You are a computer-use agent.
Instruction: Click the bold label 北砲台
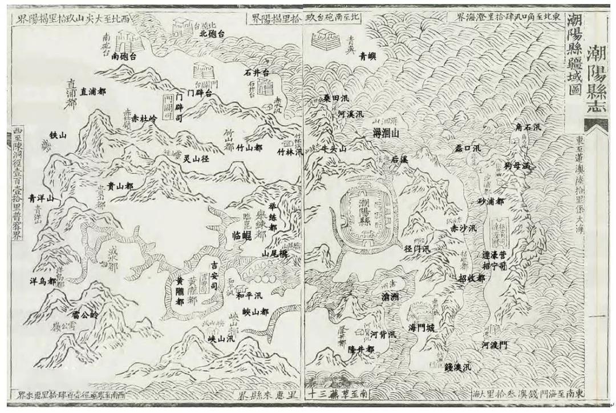coord(212,34)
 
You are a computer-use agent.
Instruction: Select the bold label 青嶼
coord(368,56)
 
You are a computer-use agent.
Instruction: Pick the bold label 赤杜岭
coord(144,120)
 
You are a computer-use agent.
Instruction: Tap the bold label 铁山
coord(59,135)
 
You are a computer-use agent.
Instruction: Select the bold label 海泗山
coord(385,133)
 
